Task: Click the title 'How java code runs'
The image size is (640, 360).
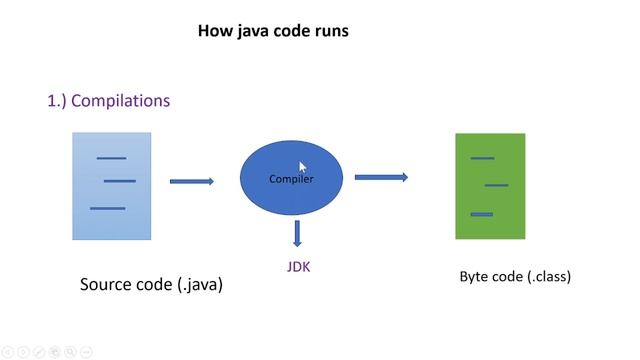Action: pos(273,31)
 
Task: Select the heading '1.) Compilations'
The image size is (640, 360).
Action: pos(109,101)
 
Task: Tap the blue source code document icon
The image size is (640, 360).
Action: pos(111,186)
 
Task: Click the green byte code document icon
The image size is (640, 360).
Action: pos(490,186)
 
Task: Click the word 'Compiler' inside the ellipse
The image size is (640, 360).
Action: pos(291,179)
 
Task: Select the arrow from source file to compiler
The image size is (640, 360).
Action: pos(192,181)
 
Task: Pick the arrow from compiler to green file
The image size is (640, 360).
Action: pos(381,177)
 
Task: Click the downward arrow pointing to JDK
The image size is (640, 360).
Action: pos(296,233)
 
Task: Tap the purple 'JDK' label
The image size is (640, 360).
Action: pos(299,267)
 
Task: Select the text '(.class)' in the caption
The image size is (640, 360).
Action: pos(549,277)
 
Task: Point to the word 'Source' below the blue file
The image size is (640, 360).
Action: pos(107,285)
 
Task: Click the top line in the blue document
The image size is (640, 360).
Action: pos(111,158)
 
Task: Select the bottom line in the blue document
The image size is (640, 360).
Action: pos(107,208)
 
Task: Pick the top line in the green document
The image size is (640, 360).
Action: pos(482,158)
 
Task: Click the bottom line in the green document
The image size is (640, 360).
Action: pos(481,214)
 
